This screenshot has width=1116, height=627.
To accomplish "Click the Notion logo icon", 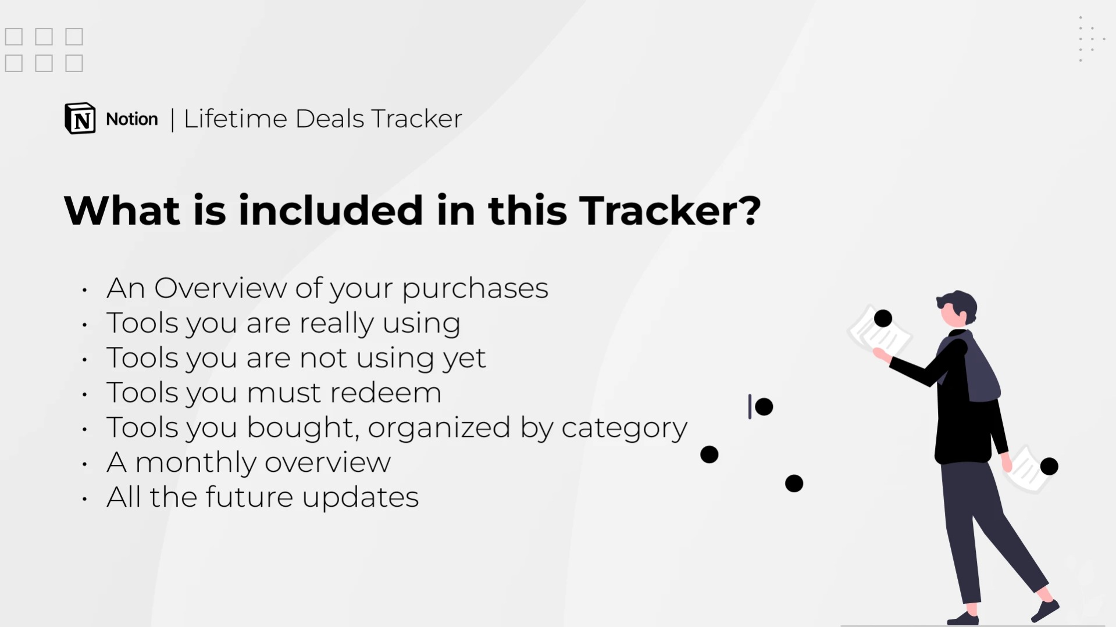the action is coord(80,119).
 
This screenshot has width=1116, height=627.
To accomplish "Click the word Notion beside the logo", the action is coord(132,119).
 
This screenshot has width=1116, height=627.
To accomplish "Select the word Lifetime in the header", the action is coord(236,119).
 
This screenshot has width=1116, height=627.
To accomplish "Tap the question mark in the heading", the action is coord(751,210).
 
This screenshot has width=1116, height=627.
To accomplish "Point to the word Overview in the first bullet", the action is coord(220,288).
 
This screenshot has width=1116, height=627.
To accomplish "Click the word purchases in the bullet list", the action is coord(475,289).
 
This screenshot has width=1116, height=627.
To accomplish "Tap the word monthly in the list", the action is coord(195,463).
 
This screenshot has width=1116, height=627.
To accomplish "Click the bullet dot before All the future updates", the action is coord(85,499).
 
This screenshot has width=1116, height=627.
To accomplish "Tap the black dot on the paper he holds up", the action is coord(883,318).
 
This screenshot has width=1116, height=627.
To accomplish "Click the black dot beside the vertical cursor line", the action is coord(764,407).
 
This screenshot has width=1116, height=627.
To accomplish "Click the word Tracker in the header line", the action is coord(416,119).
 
